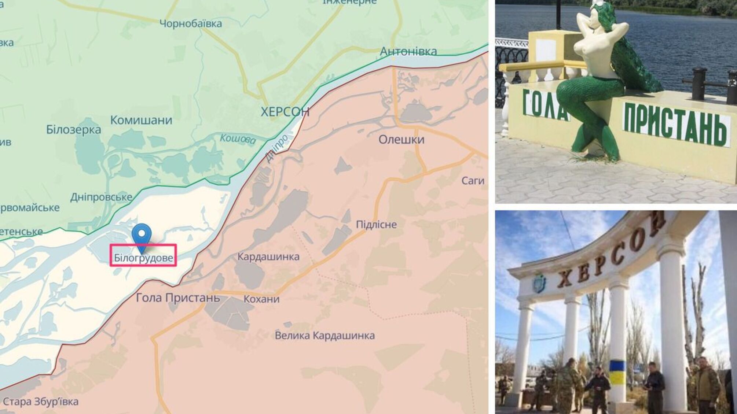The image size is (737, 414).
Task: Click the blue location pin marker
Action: click(142, 234)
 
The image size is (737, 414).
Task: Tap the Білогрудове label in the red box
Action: click(143, 258)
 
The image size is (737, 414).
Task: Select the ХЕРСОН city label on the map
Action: click(285, 112)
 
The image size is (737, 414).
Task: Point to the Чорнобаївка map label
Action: click(191, 24)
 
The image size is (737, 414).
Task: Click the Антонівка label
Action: click(408, 51)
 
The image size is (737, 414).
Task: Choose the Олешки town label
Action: click(401, 140)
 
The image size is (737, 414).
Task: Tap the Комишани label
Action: click(141, 120)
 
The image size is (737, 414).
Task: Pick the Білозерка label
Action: click(74, 129)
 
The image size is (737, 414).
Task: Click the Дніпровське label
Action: click(101, 197)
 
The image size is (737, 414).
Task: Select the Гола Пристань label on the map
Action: click(178, 298)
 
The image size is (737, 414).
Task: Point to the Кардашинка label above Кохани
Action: click(268, 256)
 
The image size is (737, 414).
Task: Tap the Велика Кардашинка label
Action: click(324, 335)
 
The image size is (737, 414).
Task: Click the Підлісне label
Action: click(376, 224)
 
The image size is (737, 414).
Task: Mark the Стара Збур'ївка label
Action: click(40, 402)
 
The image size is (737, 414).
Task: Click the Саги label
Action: click(473, 181)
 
